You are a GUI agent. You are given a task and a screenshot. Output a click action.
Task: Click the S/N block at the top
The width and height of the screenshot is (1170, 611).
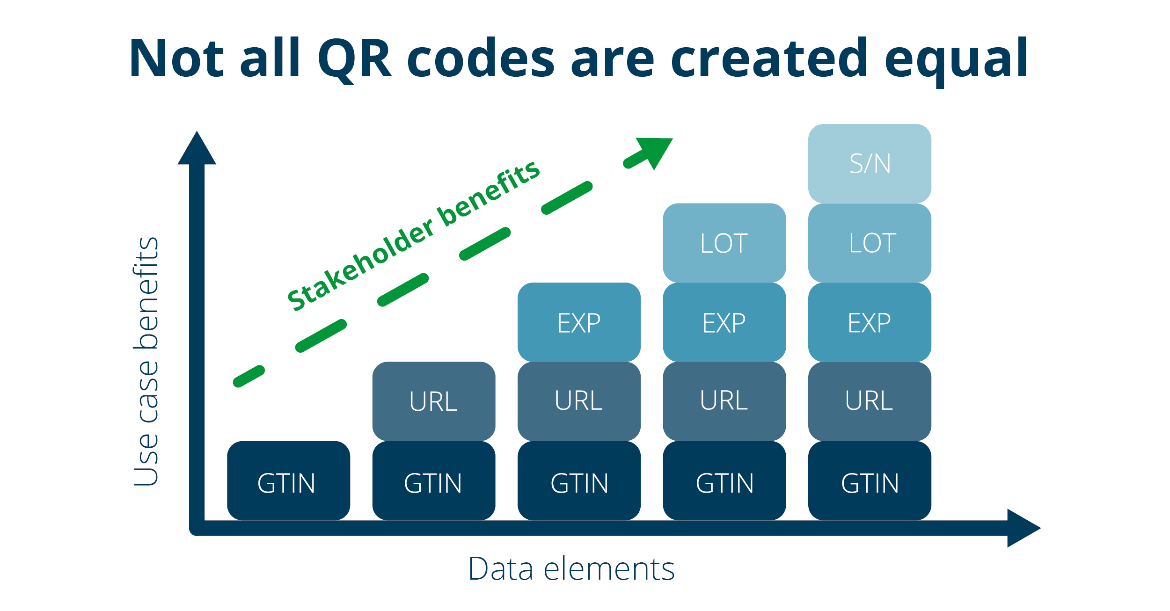click(869, 163)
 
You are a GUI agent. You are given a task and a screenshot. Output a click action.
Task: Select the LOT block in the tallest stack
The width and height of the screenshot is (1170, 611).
click(869, 243)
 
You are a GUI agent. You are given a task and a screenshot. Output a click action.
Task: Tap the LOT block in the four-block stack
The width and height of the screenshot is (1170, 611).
click(724, 243)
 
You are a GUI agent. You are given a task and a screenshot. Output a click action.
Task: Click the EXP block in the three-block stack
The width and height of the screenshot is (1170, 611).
click(579, 322)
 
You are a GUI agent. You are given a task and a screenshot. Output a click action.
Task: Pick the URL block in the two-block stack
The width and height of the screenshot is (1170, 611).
click(433, 401)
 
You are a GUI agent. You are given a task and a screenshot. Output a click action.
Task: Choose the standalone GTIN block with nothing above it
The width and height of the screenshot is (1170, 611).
click(288, 481)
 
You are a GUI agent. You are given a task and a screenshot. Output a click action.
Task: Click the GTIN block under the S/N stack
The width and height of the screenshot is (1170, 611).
click(869, 481)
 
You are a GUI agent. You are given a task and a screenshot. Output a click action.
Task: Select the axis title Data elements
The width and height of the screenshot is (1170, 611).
click(571, 569)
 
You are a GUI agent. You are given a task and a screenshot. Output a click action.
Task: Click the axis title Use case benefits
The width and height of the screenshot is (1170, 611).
click(146, 361)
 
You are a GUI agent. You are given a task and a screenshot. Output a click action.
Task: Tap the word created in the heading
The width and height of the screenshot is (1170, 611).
click(768, 58)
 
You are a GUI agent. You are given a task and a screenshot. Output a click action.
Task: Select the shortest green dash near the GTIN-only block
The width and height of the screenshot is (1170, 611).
click(249, 376)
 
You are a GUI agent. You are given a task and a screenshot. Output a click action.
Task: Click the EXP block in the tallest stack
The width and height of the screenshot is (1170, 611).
click(869, 322)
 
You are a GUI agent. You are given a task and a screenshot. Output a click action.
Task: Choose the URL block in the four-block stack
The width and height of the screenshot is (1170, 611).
click(724, 401)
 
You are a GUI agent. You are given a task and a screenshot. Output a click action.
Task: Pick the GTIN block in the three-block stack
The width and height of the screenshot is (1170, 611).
click(579, 481)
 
